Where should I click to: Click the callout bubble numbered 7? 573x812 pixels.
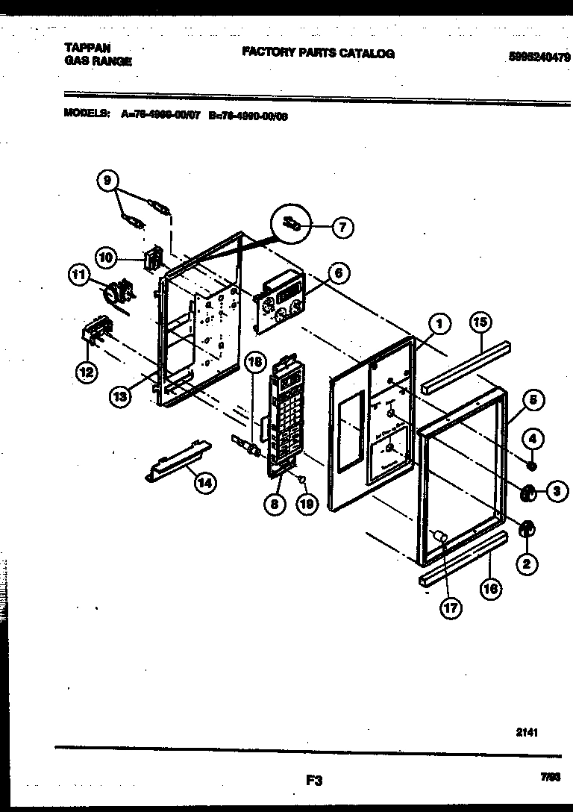342,228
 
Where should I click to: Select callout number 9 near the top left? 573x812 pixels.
107,181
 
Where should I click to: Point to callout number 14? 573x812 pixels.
203,484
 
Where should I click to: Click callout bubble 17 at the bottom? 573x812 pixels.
449,608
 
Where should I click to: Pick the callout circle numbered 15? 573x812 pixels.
480,322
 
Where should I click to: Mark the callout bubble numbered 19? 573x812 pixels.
305,504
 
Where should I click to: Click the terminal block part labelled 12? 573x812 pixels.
94,329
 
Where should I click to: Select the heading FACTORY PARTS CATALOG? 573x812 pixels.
318,54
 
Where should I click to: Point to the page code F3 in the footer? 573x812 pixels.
313,781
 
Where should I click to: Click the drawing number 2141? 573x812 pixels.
527,732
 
